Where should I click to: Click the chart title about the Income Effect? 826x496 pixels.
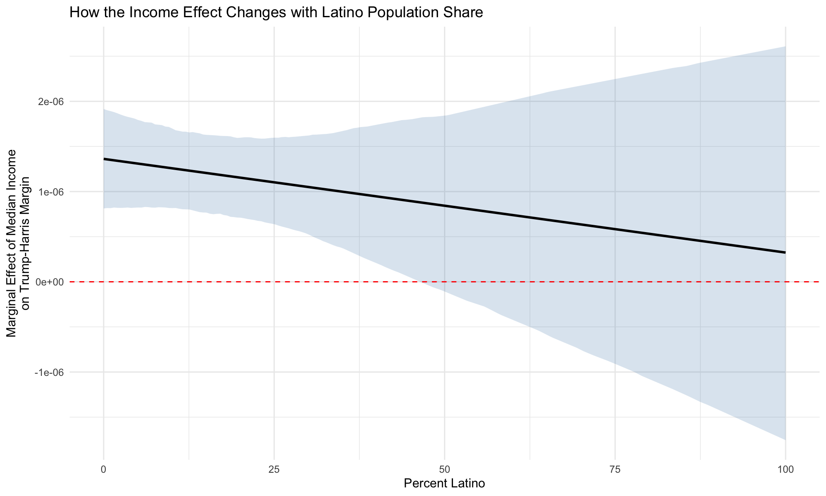pos(276,12)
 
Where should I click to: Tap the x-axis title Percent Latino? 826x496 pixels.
pos(444,484)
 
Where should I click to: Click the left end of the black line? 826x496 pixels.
pos(105,159)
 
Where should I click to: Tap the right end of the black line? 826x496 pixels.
pos(785,252)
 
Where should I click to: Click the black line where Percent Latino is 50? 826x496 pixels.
pos(444,206)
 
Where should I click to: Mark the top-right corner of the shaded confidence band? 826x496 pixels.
pos(785,47)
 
